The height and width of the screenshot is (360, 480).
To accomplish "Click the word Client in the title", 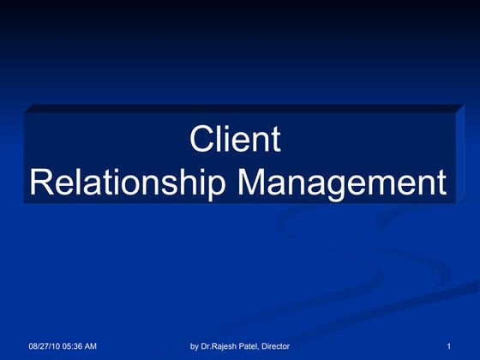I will pos(235,140).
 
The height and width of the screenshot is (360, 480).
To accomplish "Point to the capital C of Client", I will pos(201,140).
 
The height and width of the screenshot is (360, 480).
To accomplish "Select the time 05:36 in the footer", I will pos(75,346).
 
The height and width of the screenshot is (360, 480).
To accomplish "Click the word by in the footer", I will pos(195,346).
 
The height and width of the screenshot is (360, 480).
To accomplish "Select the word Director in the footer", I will pos(276,346).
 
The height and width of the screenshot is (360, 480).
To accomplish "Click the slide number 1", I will pos(448,346).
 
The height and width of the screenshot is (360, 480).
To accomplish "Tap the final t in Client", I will pos(274,140).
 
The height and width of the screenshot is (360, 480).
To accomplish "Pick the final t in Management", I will pos(441,183).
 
